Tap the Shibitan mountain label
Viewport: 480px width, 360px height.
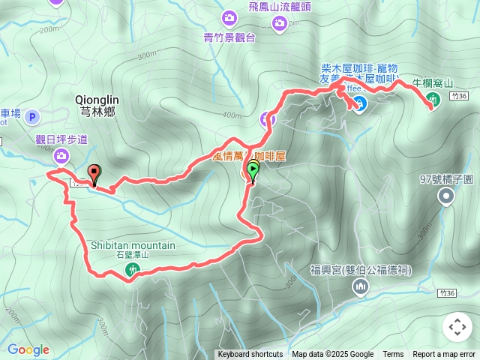click(x=133, y=245)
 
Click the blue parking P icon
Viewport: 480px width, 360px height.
click(x=31, y=116)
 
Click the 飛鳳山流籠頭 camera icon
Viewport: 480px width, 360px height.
click(x=280, y=24)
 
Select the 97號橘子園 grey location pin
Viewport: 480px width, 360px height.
click(x=447, y=197)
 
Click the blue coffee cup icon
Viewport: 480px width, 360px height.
click(x=359, y=103)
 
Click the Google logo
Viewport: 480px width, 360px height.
click(x=28, y=349)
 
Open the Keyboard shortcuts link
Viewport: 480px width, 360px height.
click(x=250, y=355)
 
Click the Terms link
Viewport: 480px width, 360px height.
click(x=393, y=355)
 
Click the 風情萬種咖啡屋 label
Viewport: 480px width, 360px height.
click(x=249, y=156)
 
